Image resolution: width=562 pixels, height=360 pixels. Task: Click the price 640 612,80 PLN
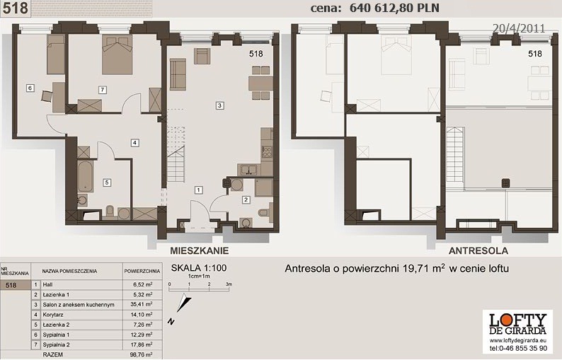tap(394, 8)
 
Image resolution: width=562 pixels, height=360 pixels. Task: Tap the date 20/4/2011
tap(519, 28)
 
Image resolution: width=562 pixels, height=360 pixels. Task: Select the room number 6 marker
tap(30, 88)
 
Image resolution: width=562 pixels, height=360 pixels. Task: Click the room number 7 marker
tap(103, 90)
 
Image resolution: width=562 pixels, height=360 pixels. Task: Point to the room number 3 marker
tap(219, 105)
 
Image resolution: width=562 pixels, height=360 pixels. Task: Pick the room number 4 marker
tap(134, 143)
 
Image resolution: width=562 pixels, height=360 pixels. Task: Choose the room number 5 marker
tap(106, 182)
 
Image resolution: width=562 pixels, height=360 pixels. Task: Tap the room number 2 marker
tap(246, 199)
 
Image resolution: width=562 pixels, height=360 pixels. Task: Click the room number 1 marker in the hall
tap(199, 190)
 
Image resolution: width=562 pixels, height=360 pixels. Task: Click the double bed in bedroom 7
tap(117, 54)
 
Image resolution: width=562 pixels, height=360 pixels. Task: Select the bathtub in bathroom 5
tap(86, 176)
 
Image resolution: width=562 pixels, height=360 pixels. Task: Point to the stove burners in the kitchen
tap(267, 152)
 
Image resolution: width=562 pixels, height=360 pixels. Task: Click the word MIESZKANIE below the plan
tap(200, 250)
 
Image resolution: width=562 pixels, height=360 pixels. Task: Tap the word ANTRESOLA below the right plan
tap(478, 251)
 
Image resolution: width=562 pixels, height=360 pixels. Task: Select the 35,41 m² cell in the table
tap(143, 304)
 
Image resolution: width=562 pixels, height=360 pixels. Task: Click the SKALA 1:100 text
tap(199, 268)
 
